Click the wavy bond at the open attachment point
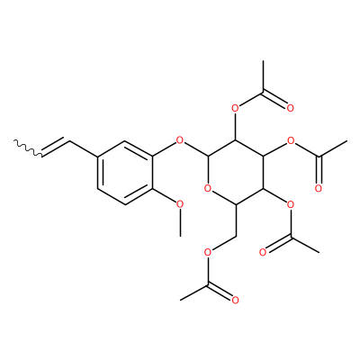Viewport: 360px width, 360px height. pyautogui.click(x=29, y=148)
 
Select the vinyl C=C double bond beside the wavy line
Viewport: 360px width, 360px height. pyautogui.click(x=57, y=147)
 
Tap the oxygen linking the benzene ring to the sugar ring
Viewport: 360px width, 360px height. pyautogui.click(x=179, y=140)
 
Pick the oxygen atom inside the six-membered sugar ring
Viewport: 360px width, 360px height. pyautogui.click(x=207, y=188)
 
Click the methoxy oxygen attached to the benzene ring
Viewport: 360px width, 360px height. pyautogui.click(x=179, y=204)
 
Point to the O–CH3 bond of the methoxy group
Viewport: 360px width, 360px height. pyautogui.click(x=180, y=222)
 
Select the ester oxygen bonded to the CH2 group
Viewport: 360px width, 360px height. pyautogui.click(x=207, y=252)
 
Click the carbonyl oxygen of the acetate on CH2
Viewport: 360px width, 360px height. pyautogui.click(x=235, y=300)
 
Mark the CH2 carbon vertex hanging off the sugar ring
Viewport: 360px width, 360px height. pyautogui.click(x=235, y=236)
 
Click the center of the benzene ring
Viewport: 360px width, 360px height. pyautogui.click(x=124, y=173)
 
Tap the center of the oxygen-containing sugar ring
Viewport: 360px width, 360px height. pyautogui.click(x=235, y=173)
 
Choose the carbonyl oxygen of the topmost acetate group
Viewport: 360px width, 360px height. pyautogui.click(x=290, y=108)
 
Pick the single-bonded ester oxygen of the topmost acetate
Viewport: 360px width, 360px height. pyautogui.click(x=235, y=108)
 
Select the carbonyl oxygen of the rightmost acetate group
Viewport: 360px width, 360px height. pyautogui.click(x=318, y=188)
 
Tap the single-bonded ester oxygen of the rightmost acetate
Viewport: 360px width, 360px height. pyautogui.click(x=291, y=140)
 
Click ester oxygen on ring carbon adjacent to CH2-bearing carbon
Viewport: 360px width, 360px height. pyautogui.click(x=291, y=204)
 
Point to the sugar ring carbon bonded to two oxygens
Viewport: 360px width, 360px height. pyautogui.click(x=207, y=157)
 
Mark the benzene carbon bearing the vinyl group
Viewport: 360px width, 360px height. pyautogui.click(x=97, y=157)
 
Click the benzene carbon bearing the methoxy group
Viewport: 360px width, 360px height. pyautogui.click(x=152, y=188)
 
